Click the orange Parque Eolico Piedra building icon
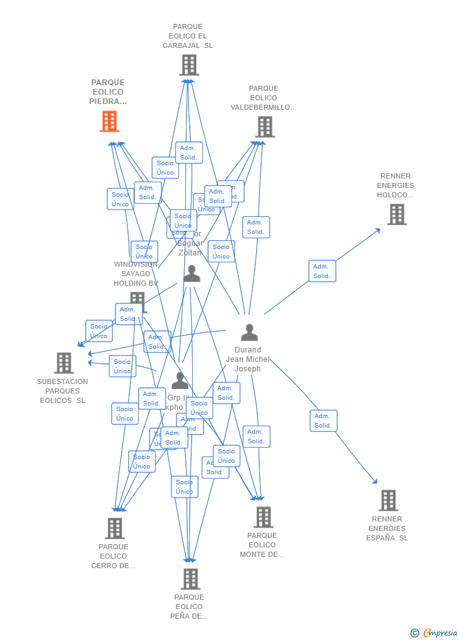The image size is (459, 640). [109, 121]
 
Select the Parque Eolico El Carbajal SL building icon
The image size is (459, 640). [189, 65]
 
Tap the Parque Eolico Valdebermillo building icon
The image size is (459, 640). [264, 127]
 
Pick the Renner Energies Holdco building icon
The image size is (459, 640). [396, 214]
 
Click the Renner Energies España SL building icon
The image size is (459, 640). [388, 500]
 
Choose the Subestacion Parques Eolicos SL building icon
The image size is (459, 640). [64, 363]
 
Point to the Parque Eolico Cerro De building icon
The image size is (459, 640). [115, 528]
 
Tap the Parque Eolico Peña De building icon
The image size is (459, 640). [190, 578]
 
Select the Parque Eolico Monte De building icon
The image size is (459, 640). [263, 517]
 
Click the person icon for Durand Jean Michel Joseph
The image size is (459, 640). [249, 332]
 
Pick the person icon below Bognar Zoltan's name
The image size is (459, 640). [192, 274]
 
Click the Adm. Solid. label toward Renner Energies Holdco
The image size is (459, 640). [322, 271]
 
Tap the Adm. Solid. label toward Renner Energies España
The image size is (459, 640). [323, 421]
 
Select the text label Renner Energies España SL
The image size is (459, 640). [387, 528]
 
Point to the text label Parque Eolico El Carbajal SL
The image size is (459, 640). [188, 36]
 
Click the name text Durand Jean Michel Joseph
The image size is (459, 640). [248, 359]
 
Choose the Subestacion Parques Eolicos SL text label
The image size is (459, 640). [62, 391]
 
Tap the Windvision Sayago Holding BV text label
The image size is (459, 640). [136, 274]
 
